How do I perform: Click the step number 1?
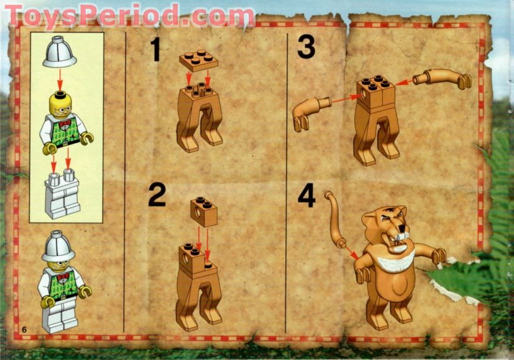pos(154,50)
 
